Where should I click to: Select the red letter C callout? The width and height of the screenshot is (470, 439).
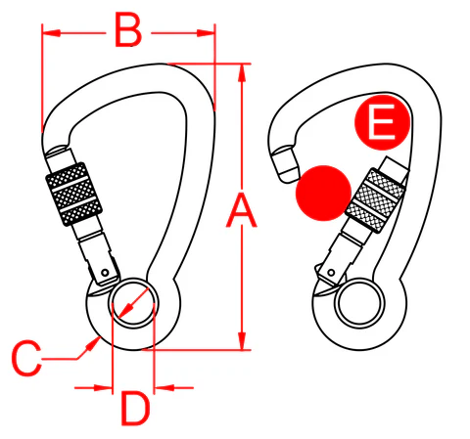pyautogui.click(x=26, y=357)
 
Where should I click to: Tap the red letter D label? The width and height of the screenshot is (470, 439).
pyautogui.click(x=134, y=406)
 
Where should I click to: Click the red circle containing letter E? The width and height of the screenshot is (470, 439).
pyautogui.click(x=379, y=123)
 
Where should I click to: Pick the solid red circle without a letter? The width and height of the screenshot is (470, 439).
pyautogui.click(x=323, y=191)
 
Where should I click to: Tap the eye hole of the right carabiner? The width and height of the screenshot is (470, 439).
pyautogui.click(x=356, y=302)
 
